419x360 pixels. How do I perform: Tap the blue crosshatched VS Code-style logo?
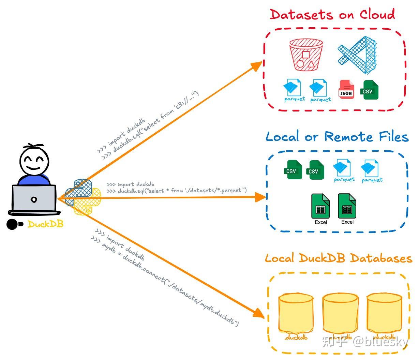[357, 55]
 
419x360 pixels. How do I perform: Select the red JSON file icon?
[346, 90]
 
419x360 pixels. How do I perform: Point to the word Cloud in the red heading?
[377, 15]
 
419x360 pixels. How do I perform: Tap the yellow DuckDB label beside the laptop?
[45, 224]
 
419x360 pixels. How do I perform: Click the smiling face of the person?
[32, 161]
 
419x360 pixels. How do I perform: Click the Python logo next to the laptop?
[83, 197]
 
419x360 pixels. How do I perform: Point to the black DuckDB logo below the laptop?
[15, 224]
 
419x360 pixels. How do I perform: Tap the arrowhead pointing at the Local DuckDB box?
[259, 313]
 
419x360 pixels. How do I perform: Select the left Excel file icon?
[320, 206]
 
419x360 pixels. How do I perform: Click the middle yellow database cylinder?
[340, 313]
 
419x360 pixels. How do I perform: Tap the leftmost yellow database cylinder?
[296, 313]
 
